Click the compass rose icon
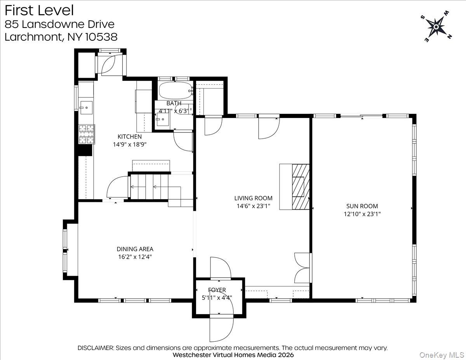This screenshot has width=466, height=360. click(x=436, y=27)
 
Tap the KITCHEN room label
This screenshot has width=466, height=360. click(x=130, y=137)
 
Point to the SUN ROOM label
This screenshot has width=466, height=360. click(x=362, y=206)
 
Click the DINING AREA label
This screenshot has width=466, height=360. click(x=135, y=249)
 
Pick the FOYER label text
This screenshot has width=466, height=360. click(x=217, y=290)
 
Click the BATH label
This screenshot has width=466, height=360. click(x=174, y=103)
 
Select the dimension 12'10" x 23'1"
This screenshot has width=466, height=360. click(x=362, y=214)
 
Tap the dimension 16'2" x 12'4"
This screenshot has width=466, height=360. click(x=135, y=257)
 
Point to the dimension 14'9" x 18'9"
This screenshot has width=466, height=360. click(x=130, y=144)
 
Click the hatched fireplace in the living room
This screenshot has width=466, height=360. click(x=301, y=187)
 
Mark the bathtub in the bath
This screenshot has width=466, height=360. click(x=175, y=90)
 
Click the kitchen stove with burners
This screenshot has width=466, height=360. click(x=87, y=134)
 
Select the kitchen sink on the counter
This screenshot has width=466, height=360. click(x=86, y=106)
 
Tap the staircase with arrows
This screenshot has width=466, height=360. click(x=155, y=187)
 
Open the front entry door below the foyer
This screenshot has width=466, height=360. click(x=221, y=327)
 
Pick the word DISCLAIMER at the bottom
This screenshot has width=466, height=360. click(x=95, y=348)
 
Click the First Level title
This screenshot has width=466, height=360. click(x=39, y=10)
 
